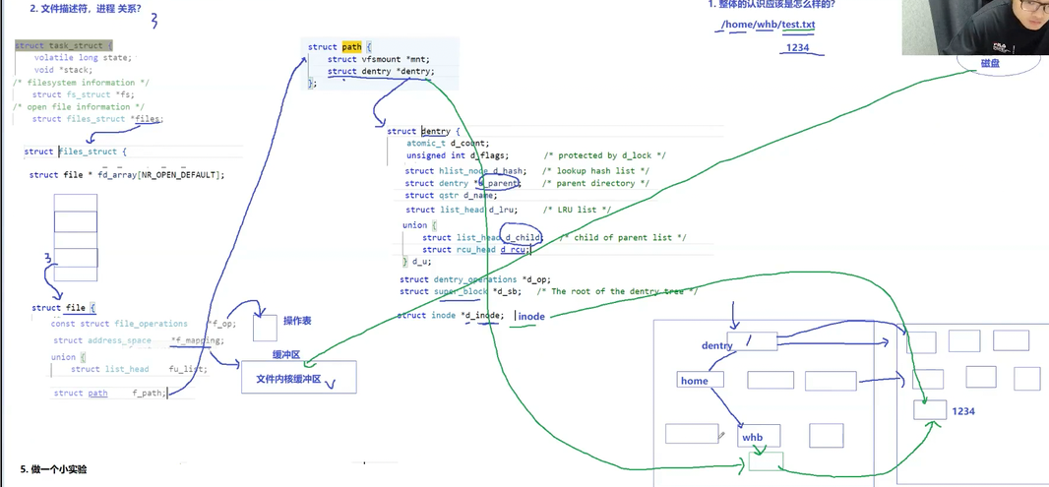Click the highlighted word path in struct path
pos(352,46)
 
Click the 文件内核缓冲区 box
pos(299,379)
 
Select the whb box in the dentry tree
pos(760,437)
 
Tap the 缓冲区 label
pos(285,354)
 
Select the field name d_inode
pos(485,315)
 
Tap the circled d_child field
pos(523,237)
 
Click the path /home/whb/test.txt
pos(768,25)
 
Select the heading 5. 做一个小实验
pos(53,469)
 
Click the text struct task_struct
pos(63,45)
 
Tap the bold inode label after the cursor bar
pos(531,317)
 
